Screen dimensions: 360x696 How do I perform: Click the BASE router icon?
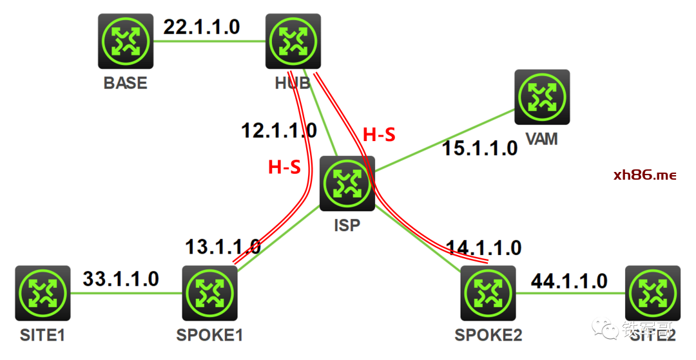[126, 42]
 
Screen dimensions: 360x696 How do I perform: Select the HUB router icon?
[293, 42]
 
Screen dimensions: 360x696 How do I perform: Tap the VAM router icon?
[542, 97]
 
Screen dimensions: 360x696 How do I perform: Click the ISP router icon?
[348, 184]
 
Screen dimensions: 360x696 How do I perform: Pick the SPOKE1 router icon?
[210, 293]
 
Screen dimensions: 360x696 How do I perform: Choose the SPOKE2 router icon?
[488, 293]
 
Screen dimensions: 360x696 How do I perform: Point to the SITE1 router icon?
[43, 293]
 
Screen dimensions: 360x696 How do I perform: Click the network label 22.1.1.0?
[201, 27]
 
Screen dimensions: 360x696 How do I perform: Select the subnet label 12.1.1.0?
[279, 131]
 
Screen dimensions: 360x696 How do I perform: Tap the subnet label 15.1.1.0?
[479, 148]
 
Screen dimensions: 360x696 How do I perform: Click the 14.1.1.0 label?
[483, 247]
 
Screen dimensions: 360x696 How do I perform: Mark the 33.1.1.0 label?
[121, 278]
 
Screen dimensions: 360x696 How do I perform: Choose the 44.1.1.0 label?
[568, 280]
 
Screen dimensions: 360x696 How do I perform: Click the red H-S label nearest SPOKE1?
[284, 167]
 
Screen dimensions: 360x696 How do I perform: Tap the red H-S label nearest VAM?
[379, 135]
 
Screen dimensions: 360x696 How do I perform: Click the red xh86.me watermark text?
[644, 175]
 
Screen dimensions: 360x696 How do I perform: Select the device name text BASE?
[125, 83]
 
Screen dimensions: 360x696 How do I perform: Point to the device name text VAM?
[541, 138]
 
